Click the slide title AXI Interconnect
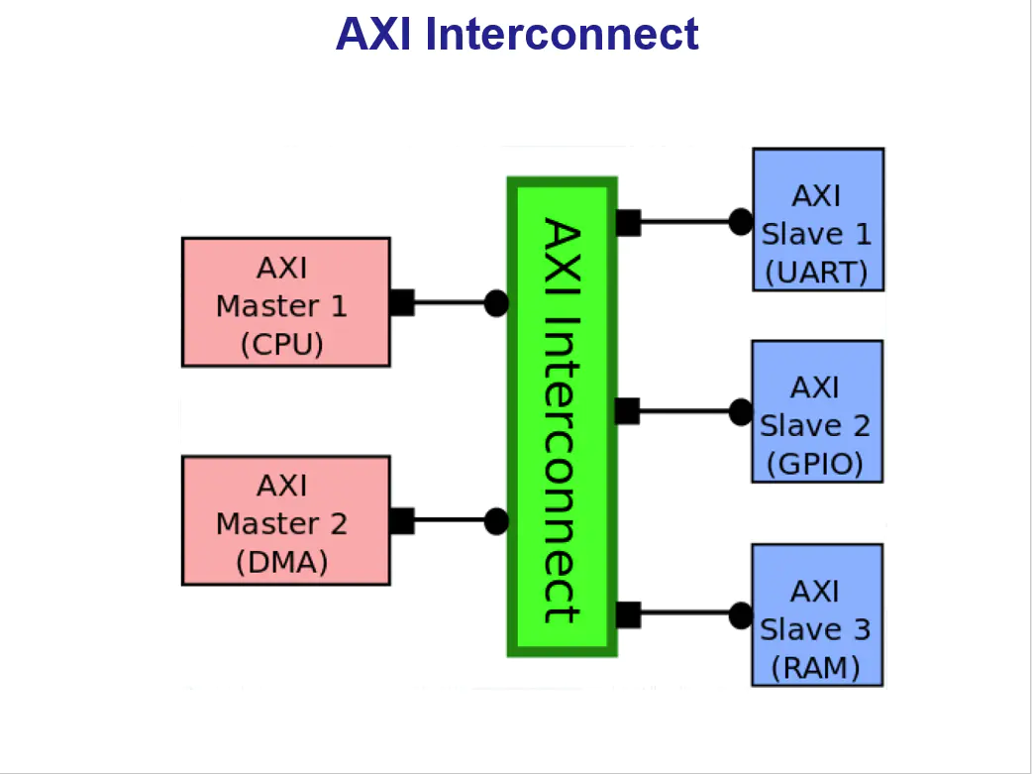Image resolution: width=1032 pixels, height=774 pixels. pyautogui.click(x=517, y=35)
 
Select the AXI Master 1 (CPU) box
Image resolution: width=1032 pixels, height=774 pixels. pyautogui.click(x=285, y=302)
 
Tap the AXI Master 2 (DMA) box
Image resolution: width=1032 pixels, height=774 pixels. pyautogui.click(x=285, y=521)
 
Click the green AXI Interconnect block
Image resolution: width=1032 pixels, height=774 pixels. pyautogui.click(x=562, y=417)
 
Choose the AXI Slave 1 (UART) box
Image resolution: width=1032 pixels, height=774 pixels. pyautogui.click(x=817, y=219)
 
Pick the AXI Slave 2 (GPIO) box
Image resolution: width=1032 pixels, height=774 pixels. pyautogui.click(x=817, y=411)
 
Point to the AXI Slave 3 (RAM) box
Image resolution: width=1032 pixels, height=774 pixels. pyautogui.click(x=817, y=614)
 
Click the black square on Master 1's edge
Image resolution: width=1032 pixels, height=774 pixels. pyautogui.click(x=401, y=303)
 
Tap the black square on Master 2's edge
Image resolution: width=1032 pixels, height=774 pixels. pyautogui.click(x=401, y=521)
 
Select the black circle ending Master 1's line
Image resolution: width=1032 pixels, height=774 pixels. pyautogui.click(x=496, y=303)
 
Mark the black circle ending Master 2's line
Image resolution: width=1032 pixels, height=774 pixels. pyautogui.click(x=496, y=521)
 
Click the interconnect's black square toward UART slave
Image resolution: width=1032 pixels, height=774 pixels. pyautogui.click(x=628, y=222)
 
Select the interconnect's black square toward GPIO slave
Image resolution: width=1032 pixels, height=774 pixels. pyautogui.click(x=628, y=411)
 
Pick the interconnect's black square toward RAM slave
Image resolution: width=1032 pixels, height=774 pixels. pyautogui.click(x=628, y=615)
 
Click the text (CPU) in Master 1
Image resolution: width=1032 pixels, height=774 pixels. pyautogui.click(x=281, y=344)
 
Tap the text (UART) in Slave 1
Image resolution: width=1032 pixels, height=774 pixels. pyautogui.click(x=816, y=273)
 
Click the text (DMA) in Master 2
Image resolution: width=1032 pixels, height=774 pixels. pyautogui.click(x=281, y=562)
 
